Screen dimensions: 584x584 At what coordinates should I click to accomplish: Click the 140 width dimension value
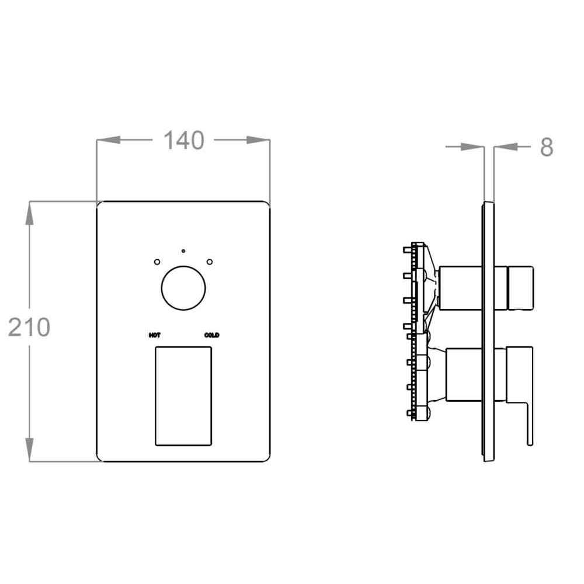pos(184,140)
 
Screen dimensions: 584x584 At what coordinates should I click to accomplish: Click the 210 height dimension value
pos(29,328)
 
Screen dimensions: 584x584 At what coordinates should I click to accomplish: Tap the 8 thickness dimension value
pos(547,147)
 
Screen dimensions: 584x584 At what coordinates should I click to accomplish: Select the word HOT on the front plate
pos(155,335)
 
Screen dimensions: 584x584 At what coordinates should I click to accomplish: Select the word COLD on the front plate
pos(211,335)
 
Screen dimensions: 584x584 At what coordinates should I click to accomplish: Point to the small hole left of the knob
pos(157,262)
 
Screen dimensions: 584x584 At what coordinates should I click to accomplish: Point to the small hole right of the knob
pos(210,262)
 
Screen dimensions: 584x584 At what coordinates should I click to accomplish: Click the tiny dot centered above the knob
pos(183,251)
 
